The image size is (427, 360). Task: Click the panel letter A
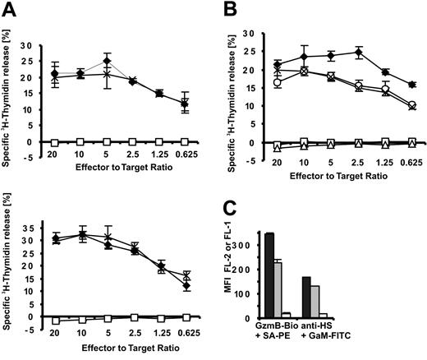point(9,8)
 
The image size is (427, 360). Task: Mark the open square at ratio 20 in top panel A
point(55,142)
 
